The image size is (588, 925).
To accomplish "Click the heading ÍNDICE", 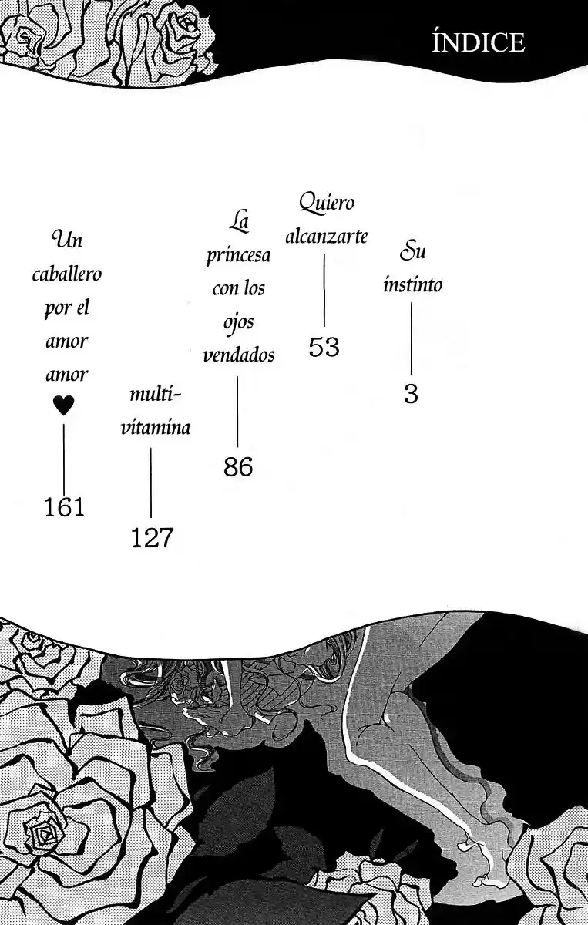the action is [478, 42].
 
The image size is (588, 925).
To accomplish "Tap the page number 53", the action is [324, 347].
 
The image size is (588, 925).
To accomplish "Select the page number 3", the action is [411, 394].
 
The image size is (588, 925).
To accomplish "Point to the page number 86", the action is [238, 467].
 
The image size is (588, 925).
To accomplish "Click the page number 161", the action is [64, 507].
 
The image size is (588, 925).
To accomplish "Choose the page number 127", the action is [152, 538].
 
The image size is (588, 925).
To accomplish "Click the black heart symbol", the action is [64, 405].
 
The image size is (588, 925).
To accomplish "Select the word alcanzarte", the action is [327, 237].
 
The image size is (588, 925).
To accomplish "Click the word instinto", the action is [413, 284].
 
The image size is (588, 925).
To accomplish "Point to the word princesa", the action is [239, 256].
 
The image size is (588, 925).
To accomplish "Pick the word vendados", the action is [239, 355].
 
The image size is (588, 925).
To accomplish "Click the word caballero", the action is [67, 274].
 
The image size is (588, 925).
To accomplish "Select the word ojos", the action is [239, 322].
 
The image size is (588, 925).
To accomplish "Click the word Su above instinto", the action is [412, 251].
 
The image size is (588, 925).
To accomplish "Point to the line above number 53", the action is [324, 291].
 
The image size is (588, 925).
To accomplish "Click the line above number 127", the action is [151, 483].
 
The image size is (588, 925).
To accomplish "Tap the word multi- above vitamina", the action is [156, 394].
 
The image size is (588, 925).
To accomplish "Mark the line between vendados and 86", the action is [237, 412].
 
